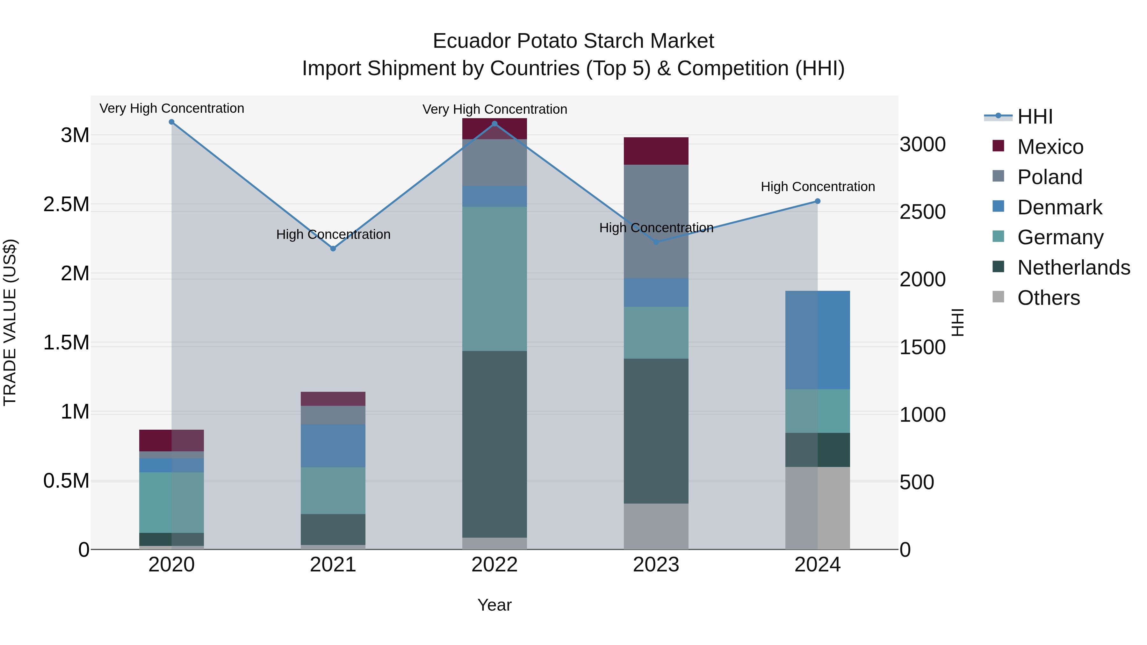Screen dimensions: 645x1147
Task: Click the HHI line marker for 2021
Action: click(x=333, y=249)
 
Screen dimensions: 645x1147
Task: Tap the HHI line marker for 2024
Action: click(x=818, y=201)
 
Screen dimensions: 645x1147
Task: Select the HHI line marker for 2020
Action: click(x=172, y=122)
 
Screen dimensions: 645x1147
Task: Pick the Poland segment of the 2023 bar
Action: click(x=656, y=222)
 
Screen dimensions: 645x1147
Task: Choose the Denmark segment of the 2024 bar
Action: click(x=818, y=340)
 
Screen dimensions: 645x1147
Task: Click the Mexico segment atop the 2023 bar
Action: click(x=656, y=151)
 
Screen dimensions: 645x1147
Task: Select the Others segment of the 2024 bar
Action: click(x=818, y=508)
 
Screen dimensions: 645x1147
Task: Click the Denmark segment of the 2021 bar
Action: click(x=333, y=446)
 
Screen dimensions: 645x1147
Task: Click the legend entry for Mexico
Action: click(x=1050, y=147)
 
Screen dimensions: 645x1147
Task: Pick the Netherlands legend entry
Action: click(x=1073, y=268)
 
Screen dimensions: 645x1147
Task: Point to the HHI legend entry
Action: click(x=1035, y=117)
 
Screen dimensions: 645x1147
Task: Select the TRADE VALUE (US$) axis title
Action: click(x=10, y=322)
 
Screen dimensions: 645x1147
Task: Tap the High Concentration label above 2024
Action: click(x=818, y=187)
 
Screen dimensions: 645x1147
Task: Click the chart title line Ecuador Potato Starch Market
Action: click(x=573, y=41)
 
